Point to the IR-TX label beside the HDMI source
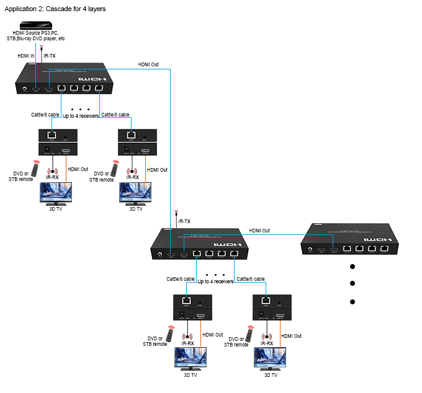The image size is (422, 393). [x=50, y=56]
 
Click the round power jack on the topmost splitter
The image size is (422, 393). [x=25, y=89]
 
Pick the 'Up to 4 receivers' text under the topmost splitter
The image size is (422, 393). [x=81, y=116]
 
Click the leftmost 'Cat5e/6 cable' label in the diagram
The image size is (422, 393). [x=45, y=115]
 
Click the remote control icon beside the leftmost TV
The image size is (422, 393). [x=36, y=169]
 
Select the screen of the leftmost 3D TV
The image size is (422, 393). [x=55, y=193]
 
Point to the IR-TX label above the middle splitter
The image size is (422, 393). [x=184, y=221]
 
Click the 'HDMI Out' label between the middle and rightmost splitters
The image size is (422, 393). [x=259, y=231]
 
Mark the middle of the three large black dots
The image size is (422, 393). [x=352, y=284]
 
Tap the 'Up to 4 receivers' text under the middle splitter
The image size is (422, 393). [x=215, y=281]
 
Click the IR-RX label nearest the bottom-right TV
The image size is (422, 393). [x=267, y=343]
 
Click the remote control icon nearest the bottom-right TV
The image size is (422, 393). [x=249, y=335]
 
